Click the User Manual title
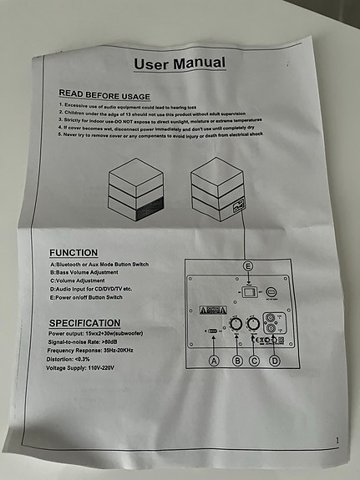[x=179, y=63]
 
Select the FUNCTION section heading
[x=74, y=252]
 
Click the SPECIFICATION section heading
[x=84, y=322]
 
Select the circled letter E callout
[x=246, y=265]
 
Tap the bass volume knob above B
[x=236, y=323]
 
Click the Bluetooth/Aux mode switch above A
[x=213, y=331]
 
